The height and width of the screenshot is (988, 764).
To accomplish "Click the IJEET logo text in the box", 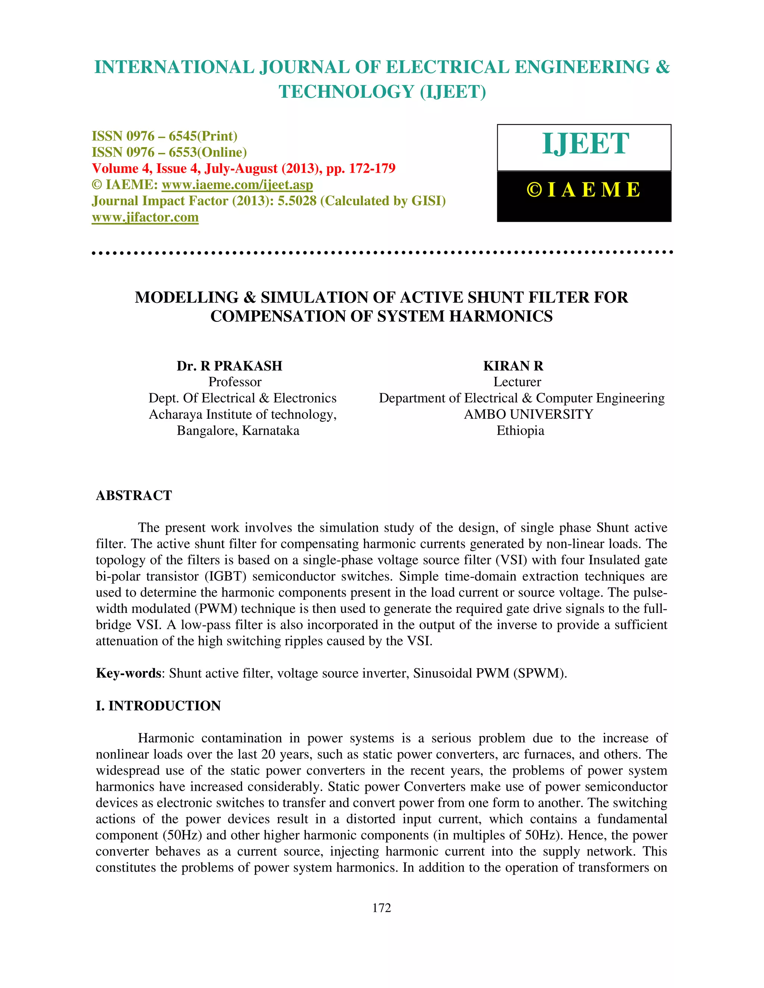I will tap(585, 144).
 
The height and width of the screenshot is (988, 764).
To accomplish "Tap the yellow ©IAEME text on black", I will tap(583, 190).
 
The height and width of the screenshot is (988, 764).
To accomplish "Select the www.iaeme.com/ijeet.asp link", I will tap(237, 185).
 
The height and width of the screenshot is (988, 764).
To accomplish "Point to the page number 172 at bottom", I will tap(382, 907).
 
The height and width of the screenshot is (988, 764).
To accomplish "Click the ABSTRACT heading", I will tap(134, 495).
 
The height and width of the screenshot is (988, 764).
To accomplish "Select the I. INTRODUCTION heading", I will tap(159, 706).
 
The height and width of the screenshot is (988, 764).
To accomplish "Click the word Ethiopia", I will tap(520, 431).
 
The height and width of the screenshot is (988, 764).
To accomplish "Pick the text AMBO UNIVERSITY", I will tap(528, 414).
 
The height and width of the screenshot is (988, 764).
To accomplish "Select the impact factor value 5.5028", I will tap(297, 201).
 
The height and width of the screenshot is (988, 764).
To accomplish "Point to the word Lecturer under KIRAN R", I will tap(517, 382).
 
